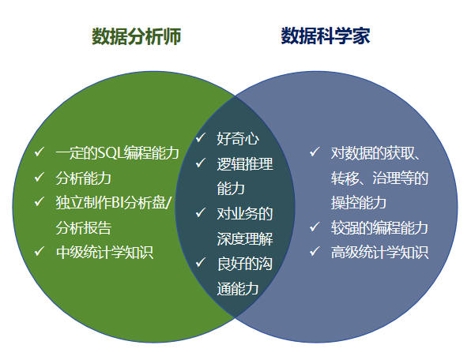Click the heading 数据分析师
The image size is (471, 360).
[x=136, y=36]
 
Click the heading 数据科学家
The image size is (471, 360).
[x=326, y=36]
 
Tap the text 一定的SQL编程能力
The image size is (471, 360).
[x=118, y=152]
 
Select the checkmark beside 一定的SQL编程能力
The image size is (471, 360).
[x=40, y=152]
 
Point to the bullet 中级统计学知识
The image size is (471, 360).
[x=104, y=253]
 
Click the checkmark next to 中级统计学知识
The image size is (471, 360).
[x=40, y=251]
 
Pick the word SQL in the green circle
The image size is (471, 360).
[x=111, y=153]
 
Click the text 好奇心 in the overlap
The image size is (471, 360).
[x=238, y=139]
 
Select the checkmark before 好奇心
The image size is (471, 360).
[x=201, y=137]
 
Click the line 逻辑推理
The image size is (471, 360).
[x=245, y=164]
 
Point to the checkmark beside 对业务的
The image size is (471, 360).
[x=201, y=212]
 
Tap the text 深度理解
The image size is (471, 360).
[x=245, y=239]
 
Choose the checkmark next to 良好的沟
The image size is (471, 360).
[x=201, y=262]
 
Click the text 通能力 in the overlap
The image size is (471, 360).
[x=238, y=289]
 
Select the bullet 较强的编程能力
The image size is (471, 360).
[x=379, y=227]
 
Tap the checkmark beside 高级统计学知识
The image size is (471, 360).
[x=315, y=251]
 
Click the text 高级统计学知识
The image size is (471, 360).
[x=379, y=253]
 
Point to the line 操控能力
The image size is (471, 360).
[x=359, y=203]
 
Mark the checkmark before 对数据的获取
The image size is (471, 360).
[x=315, y=152]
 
